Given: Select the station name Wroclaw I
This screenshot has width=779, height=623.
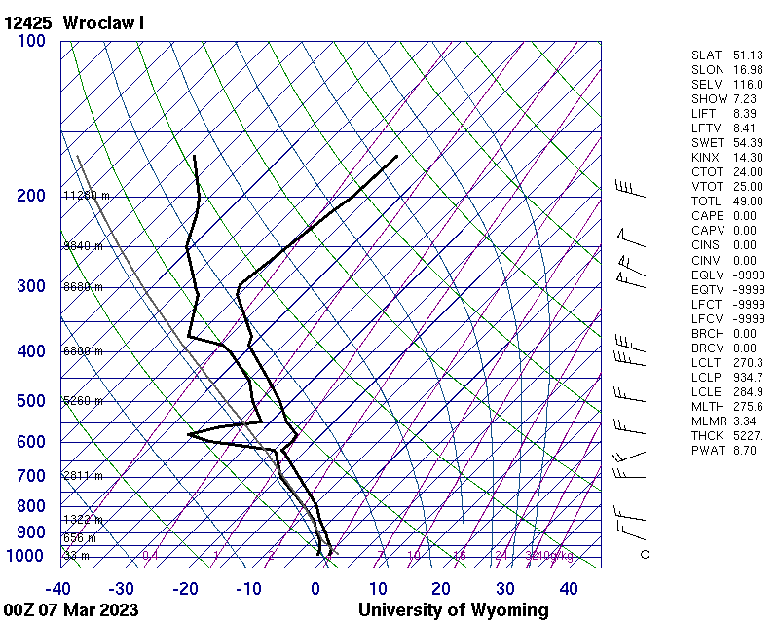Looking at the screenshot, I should [x=103, y=21].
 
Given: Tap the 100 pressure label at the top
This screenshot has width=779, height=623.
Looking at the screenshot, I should [x=31, y=41].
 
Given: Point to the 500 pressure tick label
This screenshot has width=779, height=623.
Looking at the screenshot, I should [x=31, y=401].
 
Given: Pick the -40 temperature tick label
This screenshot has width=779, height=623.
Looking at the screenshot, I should [x=58, y=588].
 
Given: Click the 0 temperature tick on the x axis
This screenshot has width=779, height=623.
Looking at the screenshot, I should [x=315, y=588].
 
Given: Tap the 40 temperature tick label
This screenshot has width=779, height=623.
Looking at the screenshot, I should [x=569, y=588].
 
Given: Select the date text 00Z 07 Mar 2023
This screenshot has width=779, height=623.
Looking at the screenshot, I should [x=70, y=610].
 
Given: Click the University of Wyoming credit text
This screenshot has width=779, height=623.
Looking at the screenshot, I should [x=453, y=610].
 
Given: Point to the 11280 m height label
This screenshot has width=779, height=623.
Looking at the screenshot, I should [x=86, y=196].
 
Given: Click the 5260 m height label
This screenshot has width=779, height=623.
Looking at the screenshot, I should [x=83, y=401].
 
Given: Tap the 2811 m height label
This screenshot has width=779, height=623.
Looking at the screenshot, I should [x=83, y=476].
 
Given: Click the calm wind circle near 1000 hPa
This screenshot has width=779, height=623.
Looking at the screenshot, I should [x=644, y=554].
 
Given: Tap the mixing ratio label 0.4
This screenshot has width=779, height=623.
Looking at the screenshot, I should [x=151, y=556].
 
